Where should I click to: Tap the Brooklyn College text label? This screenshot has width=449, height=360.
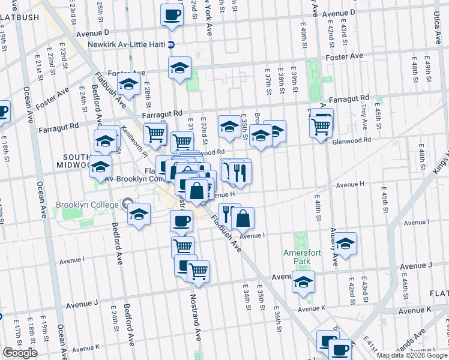pyautogui.click(x=88, y=204)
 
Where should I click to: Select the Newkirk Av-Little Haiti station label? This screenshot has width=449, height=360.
pyautogui.click(x=126, y=44)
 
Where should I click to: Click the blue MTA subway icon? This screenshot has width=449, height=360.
pyautogui.click(x=171, y=44)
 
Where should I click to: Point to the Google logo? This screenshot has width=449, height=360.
pyautogui.click(x=20, y=353)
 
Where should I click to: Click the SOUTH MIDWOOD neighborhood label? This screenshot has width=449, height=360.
pyautogui.click(x=71, y=160)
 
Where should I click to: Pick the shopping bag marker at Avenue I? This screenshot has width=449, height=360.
pyautogui.click(x=243, y=220)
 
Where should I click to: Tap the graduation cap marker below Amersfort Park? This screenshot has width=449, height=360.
pyautogui.click(x=303, y=282)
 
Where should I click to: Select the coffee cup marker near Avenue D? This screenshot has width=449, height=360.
pyautogui.click(x=172, y=14)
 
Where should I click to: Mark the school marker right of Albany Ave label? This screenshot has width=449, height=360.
pyautogui.click(x=345, y=244)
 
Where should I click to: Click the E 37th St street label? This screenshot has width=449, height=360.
pyautogui.click(x=267, y=80)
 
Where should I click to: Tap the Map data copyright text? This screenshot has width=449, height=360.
pyautogui.click(x=411, y=355)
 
